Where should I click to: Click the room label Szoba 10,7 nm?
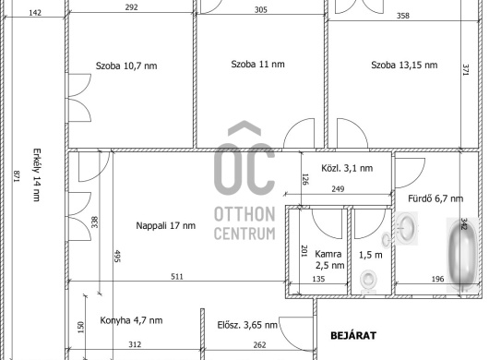(x=126, y=66)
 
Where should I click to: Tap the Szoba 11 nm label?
(x=257, y=65)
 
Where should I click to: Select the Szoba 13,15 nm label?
(x=404, y=65)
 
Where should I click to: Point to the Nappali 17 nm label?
(x=165, y=225)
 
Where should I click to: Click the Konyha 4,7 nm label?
(x=131, y=320)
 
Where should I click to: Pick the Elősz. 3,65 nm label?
(x=247, y=325)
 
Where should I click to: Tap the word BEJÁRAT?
(x=353, y=336)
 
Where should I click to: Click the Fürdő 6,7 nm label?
(x=435, y=198)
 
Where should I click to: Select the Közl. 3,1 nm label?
(x=347, y=168)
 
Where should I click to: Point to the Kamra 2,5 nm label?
(x=329, y=259)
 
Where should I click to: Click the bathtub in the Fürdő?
(x=462, y=255)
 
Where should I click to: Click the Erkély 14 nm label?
(x=37, y=174)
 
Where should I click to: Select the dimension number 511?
(x=177, y=276)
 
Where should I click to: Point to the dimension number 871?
(x=17, y=176)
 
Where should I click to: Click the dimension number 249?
(x=338, y=188)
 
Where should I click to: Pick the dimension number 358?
(x=403, y=16)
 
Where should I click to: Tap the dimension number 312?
(x=135, y=344)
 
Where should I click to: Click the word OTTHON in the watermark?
(x=244, y=214)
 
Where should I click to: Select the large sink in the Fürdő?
(x=406, y=228)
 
